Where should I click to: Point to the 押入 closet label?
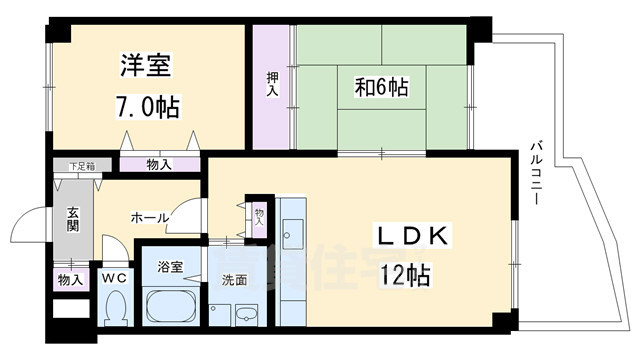[x=271, y=84]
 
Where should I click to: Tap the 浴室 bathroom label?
[x=170, y=267]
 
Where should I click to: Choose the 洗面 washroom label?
[x=234, y=281]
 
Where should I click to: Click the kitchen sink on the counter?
[x=294, y=236]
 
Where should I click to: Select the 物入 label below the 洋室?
[x=159, y=165]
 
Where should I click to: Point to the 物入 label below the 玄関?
[x=70, y=281]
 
